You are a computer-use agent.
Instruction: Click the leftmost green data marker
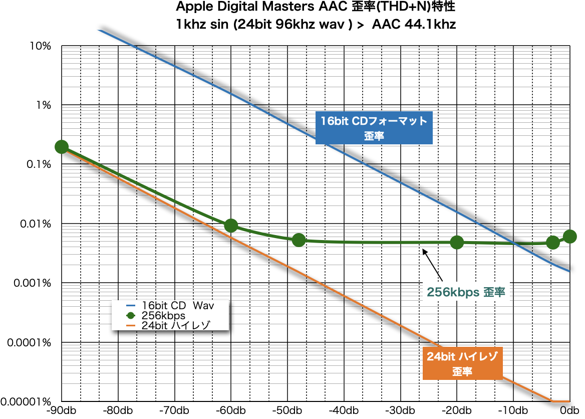(x=61, y=147)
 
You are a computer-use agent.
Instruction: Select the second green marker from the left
(x=231, y=226)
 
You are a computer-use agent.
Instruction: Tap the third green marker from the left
(x=299, y=240)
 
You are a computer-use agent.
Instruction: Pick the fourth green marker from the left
(x=457, y=243)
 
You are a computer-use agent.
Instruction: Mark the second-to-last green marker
(x=553, y=243)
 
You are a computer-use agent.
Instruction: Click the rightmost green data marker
(x=569, y=237)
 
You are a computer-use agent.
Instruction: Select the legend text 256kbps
(x=163, y=316)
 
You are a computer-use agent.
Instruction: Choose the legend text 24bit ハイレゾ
(x=176, y=325)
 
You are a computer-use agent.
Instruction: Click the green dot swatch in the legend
(x=131, y=316)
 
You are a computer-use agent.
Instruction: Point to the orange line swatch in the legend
(x=131, y=325)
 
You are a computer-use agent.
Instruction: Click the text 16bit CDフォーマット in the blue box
(x=374, y=121)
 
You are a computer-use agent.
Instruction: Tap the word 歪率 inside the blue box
(x=374, y=136)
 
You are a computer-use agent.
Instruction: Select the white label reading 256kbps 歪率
(x=466, y=292)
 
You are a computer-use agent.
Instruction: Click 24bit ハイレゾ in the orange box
(x=462, y=357)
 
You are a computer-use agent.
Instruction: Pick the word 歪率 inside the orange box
(x=462, y=372)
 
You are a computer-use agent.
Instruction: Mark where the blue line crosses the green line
(x=514, y=244)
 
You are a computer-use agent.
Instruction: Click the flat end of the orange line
(x=561, y=401)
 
